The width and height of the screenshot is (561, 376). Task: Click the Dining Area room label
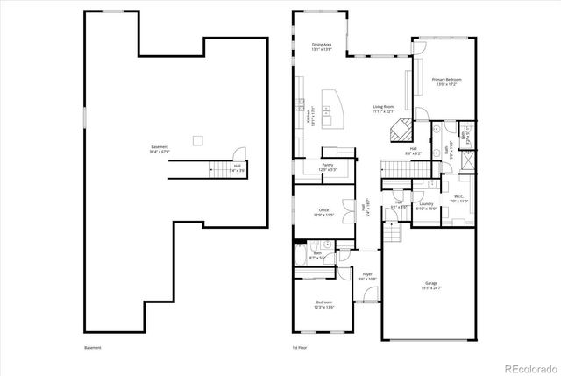[322, 46]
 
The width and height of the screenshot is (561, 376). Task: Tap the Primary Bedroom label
[446, 82]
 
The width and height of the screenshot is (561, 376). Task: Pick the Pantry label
[327, 167]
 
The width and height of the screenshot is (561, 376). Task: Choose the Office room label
[323, 212]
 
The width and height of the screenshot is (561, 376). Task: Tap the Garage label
[431, 286]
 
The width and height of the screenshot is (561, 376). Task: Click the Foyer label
[368, 277]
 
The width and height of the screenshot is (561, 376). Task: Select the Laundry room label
[427, 206]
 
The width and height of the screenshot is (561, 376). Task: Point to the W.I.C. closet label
[459, 201]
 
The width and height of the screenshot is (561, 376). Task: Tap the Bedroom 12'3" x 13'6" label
[323, 305]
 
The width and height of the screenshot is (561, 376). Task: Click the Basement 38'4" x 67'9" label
[159, 149]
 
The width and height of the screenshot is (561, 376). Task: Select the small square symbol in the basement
[198, 139]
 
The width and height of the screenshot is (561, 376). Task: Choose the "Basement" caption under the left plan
[93, 348]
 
